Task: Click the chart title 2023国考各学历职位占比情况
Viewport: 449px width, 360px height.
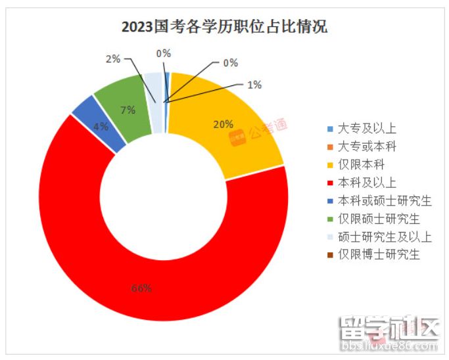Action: (224, 28)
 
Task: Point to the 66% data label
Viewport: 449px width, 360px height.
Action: (141, 288)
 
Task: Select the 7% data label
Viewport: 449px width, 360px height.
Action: (127, 110)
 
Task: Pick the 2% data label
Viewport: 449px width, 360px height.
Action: (112, 59)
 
